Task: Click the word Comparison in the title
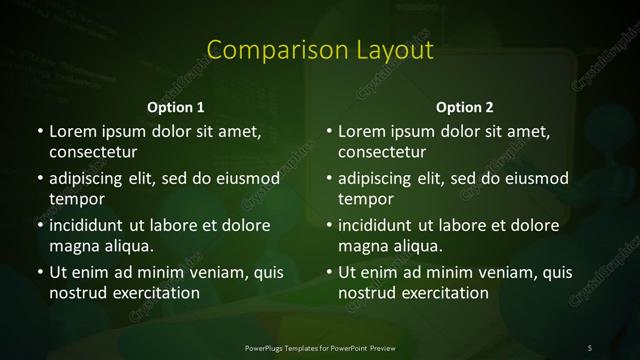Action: (x=265, y=50)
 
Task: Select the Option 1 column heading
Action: (x=176, y=107)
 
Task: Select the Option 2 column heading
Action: (x=465, y=107)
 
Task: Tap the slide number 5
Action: (x=590, y=346)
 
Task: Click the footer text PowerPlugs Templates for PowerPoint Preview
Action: (x=319, y=346)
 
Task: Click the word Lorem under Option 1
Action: (x=75, y=132)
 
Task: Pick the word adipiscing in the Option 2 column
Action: (x=379, y=179)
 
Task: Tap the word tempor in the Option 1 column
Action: (x=73, y=199)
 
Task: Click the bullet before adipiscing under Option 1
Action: (x=39, y=179)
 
